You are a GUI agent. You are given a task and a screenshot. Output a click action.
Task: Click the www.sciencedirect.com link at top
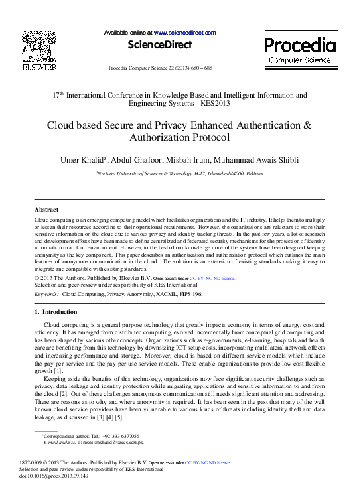pyautogui.click(x=184, y=32)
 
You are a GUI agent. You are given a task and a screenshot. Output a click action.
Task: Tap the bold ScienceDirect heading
pyautogui.click(x=160, y=45)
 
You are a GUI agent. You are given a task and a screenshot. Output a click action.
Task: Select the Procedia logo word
pyautogui.click(x=300, y=46)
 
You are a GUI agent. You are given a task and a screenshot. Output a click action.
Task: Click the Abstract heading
pyautogui.click(x=46, y=209)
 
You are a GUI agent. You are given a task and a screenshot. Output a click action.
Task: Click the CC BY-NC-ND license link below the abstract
pyautogui.click(x=212, y=279)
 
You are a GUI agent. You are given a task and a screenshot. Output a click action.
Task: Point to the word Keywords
pyautogui.click(x=46, y=293)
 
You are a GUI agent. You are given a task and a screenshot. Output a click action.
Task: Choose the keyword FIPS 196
pyautogui.click(x=190, y=293)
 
